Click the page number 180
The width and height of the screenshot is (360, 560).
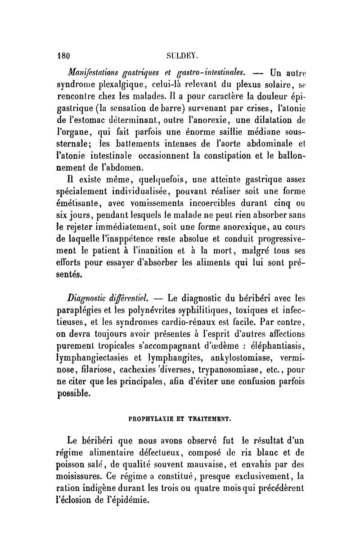click(x=60, y=56)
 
